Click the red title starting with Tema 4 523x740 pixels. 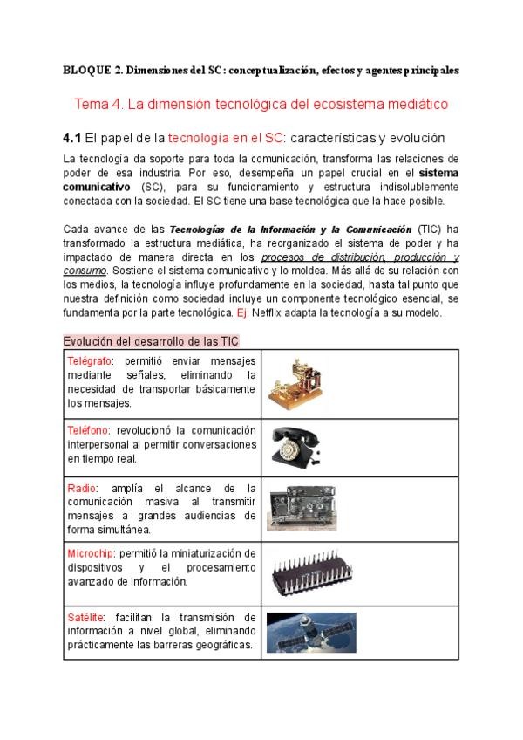[261, 104]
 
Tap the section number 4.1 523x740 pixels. [73, 138]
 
